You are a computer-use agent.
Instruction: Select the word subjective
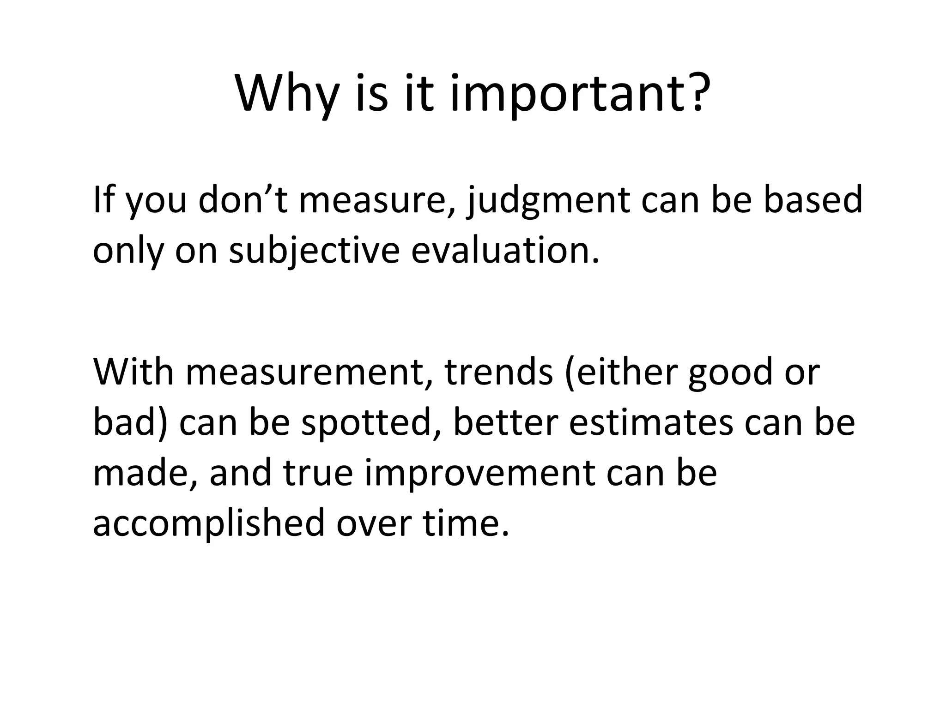[315, 252]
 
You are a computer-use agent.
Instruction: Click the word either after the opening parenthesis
[625, 372]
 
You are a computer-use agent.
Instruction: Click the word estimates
[651, 422]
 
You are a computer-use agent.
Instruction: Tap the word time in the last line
[462, 524]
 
